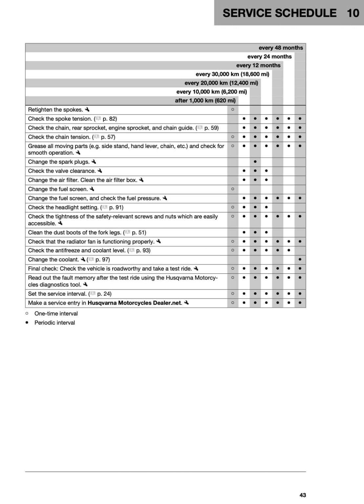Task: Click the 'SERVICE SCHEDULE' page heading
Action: pos(279,13)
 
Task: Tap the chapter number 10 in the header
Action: pos(353,13)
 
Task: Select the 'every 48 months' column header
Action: pos(281,48)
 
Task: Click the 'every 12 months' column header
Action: pos(258,65)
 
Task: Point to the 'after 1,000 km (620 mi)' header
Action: pos(205,101)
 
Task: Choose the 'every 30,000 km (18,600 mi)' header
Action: pos(232,74)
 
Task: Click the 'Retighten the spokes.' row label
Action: pos(55,110)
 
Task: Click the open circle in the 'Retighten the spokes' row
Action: pos(233,110)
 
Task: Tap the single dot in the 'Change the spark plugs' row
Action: pos(255,162)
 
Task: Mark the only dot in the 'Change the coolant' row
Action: pos(300,260)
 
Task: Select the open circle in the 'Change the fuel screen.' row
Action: pos(233,189)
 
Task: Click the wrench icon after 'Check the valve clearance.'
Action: pos(100,171)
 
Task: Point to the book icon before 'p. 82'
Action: pos(98,118)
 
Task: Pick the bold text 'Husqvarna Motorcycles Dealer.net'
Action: pos(135,303)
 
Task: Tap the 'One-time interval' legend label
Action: pos(56,314)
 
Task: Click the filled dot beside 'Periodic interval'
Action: pos(27,323)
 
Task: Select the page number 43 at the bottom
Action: pos(303,495)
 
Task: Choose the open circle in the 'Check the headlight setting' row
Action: pos(233,207)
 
